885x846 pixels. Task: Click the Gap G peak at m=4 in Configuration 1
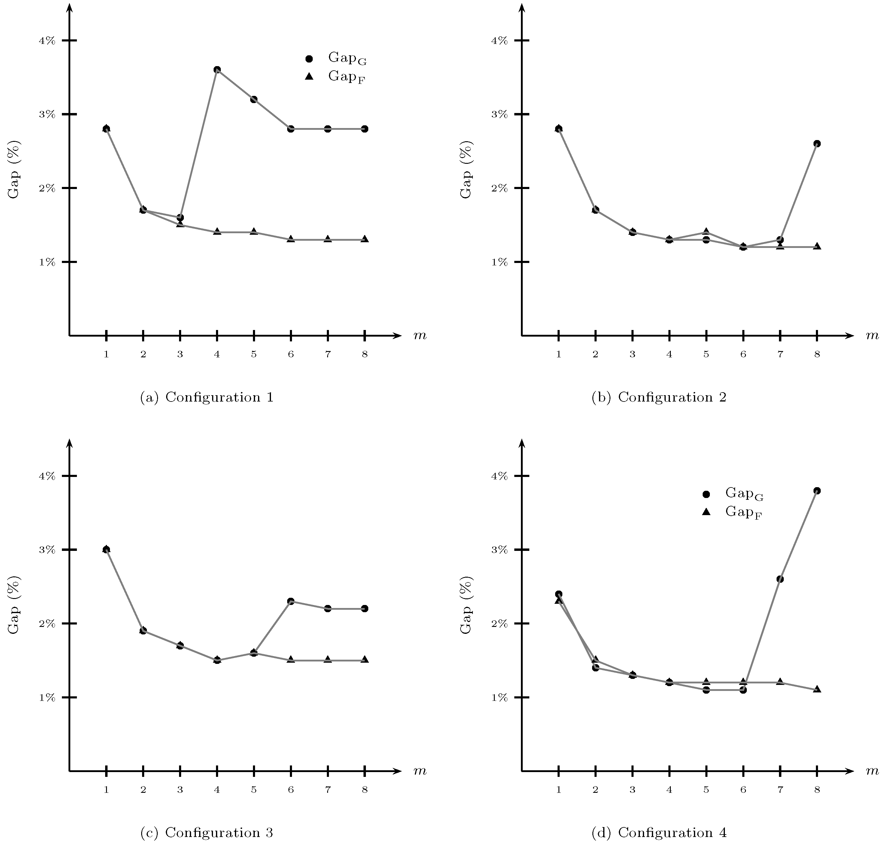(217, 69)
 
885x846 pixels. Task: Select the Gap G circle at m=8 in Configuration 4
(817, 491)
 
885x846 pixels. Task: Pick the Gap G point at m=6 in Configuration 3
(291, 601)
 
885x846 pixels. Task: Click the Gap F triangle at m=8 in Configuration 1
(365, 239)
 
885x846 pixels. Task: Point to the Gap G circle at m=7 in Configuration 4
(780, 579)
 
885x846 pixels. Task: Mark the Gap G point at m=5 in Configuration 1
(254, 99)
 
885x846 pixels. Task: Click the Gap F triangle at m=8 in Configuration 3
(365, 660)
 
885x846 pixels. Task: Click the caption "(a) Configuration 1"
(207, 397)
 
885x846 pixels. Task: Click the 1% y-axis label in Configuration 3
(47, 698)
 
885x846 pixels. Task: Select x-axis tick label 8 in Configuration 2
(817, 354)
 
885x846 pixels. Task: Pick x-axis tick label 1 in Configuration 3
(106, 789)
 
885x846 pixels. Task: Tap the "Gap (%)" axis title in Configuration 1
(14, 169)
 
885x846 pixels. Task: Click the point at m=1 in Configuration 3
(106, 549)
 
